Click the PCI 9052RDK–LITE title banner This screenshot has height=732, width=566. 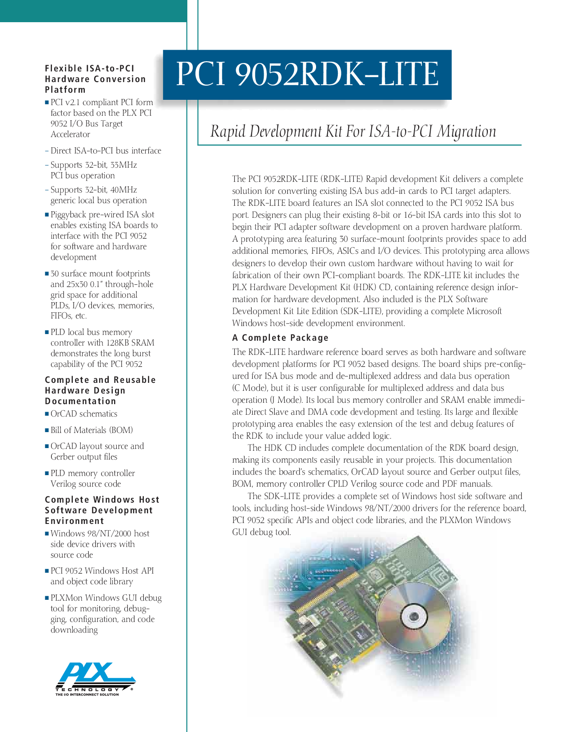pyautogui.click(x=307, y=74)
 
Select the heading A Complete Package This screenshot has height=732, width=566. pyautogui.click(x=280, y=338)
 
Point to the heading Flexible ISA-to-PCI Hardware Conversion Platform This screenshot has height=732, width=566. pyautogui.click(x=95, y=79)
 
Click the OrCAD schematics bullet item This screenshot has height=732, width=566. pyautogui.click(x=83, y=414)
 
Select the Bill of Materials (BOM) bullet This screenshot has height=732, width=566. pyautogui.click(x=91, y=430)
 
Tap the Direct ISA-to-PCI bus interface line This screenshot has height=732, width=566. pyautogui.click(x=106, y=151)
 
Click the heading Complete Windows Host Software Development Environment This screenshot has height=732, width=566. pyautogui.click(x=102, y=510)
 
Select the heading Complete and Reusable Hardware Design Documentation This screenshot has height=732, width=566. pyautogui.click(x=100, y=390)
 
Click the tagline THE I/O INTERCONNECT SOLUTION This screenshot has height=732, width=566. pyautogui.click(x=87, y=695)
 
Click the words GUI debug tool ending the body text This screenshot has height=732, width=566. pyautogui.click(x=261, y=532)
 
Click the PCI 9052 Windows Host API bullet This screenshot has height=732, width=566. pyautogui.click(x=102, y=571)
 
